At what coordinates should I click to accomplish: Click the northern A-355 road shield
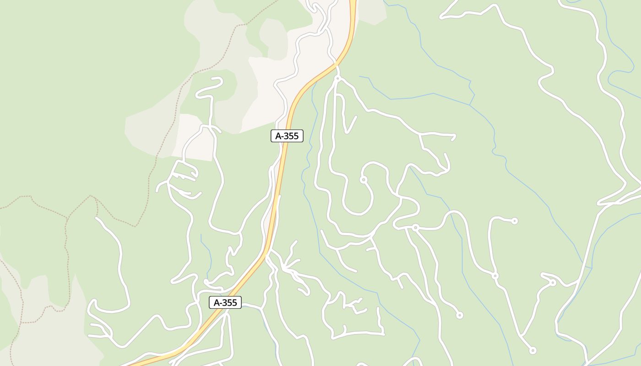[x=287, y=136]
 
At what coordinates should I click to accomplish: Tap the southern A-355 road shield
[x=225, y=302]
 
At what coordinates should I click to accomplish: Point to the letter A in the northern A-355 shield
[x=278, y=136]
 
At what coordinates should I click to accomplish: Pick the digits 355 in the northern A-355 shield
[x=292, y=136]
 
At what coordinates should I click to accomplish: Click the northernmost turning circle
[x=338, y=79]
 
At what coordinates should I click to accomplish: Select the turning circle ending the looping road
[x=364, y=180]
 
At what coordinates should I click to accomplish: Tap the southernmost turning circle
[x=532, y=351]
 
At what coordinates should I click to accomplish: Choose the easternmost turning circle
[x=553, y=283]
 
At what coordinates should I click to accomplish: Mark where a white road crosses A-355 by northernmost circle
[x=337, y=65]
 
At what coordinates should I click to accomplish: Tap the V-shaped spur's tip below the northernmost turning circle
[x=348, y=133]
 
